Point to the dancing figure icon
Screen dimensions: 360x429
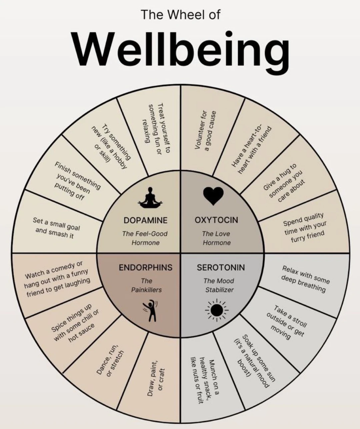[x=151, y=310]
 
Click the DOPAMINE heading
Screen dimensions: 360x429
[x=145, y=220]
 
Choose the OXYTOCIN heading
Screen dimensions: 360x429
[x=216, y=220]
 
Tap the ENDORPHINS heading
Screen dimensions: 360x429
[x=146, y=268]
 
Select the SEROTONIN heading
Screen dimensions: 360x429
[x=221, y=268]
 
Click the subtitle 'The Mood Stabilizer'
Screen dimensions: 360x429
[x=219, y=285]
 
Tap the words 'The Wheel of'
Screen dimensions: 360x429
[x=181, y=15]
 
